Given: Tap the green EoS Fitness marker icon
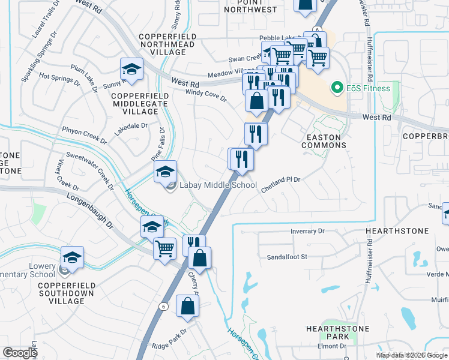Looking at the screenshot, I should click(x=336, y=88).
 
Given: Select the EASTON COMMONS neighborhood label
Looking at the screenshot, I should click(x=324, y=141).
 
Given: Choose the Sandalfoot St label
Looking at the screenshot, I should click(x=287, y=257).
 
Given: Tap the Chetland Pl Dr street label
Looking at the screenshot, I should click(x=280, y=184).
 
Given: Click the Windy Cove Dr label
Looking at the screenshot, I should click(x=206, y=95).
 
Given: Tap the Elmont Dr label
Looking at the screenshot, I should click(x=336, y=346).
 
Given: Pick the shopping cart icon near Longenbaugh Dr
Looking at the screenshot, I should click(x=165, y=248).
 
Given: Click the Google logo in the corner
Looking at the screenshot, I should click(x=20, y=352).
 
